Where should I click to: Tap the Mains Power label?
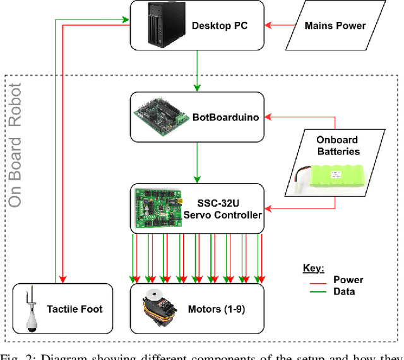point(335,26)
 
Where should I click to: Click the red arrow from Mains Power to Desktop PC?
point(282,26)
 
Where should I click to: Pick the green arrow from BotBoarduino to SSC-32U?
point(198,163)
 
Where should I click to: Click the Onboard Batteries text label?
point(338,146)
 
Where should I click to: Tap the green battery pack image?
point(336,175)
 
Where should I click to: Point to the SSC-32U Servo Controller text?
point(222,209)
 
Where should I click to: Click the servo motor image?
point(158,308)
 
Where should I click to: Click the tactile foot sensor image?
point(31,309)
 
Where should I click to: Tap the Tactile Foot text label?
point(75,309)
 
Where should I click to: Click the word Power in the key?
point(348,280)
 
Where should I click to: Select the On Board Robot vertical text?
point(15,145)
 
